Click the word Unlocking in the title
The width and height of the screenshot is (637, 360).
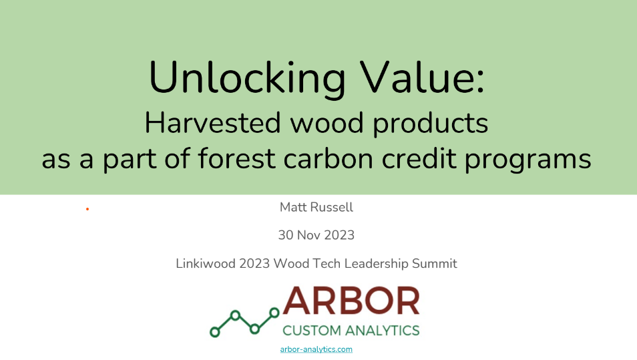248,78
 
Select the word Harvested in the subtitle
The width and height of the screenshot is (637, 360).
213,123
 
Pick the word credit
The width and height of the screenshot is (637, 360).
419,158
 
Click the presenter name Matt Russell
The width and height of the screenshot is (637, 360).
316,207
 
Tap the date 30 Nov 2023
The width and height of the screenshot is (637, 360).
316,235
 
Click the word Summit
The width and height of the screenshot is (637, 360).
435,263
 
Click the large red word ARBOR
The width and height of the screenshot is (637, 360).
351,301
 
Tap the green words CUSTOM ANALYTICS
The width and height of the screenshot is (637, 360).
351,331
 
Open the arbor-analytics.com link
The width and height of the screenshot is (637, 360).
316,349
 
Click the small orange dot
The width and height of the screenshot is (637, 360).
87,209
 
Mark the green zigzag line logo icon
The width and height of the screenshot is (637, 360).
244,322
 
